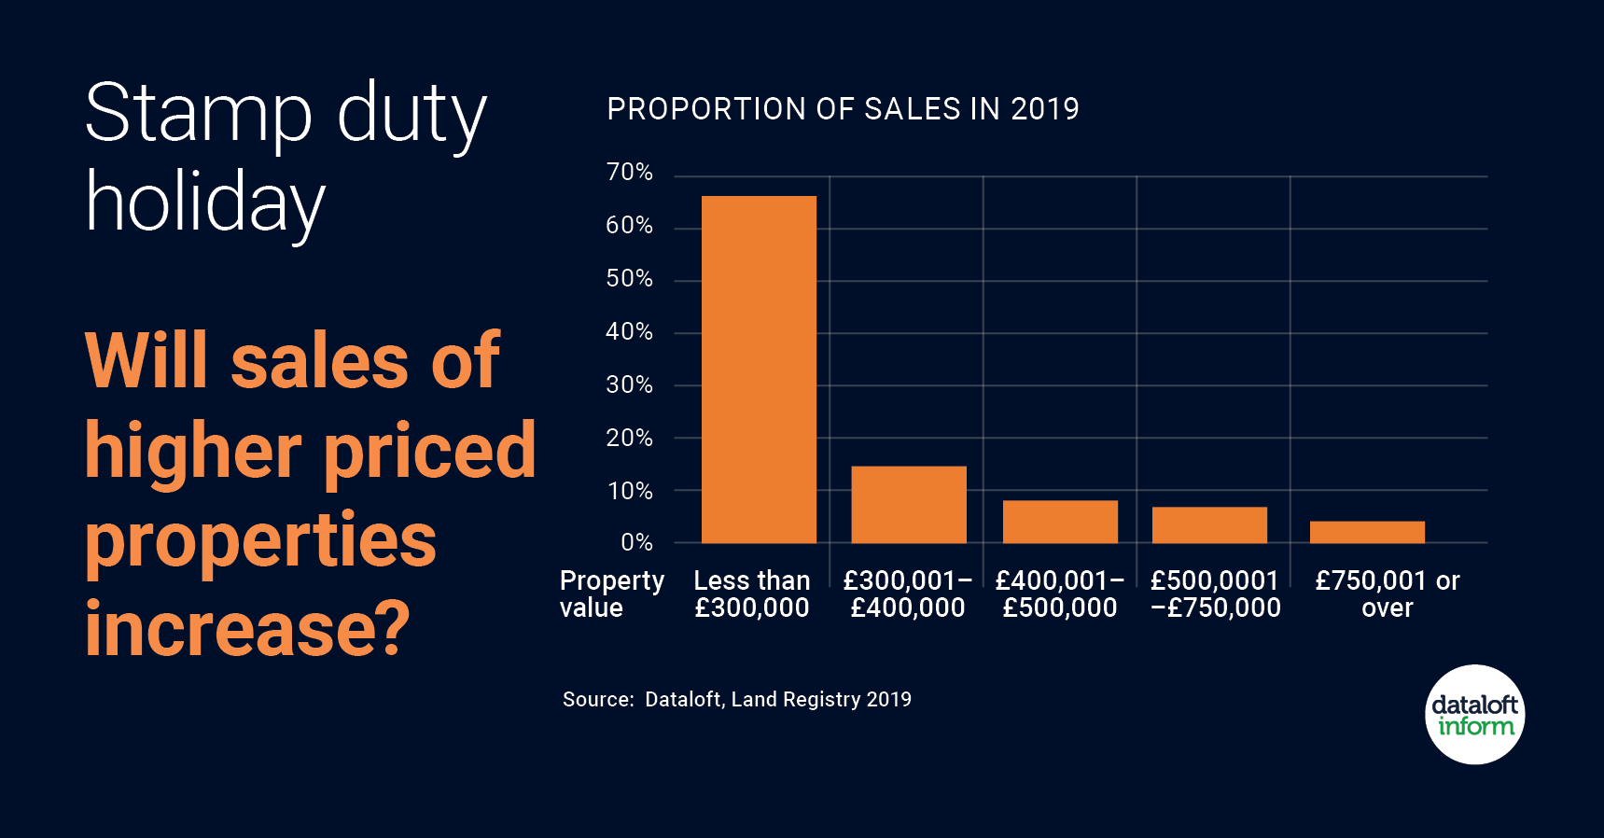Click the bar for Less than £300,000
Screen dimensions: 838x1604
(759, 369)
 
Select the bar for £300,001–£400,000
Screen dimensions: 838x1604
(909, 504)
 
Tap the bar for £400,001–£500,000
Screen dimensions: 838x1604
(1060, 522)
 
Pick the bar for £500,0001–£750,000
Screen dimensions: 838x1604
(1209, 524)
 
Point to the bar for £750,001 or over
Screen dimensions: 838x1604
(1367, 532)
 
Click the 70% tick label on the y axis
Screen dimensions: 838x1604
(629, 173)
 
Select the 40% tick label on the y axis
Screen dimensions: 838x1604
(629, 332)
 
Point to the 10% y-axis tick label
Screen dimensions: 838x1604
(630, 492)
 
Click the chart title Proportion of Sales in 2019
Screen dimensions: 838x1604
(843, 109)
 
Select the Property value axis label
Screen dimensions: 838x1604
(611, 594)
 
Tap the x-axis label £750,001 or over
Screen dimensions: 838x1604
(1387, 594)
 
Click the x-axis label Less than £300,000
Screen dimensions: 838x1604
(752, 594)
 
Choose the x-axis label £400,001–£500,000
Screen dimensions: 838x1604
(1060, 594)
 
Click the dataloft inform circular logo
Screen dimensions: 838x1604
(1474, 715)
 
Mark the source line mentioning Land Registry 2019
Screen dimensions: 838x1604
(736, 700)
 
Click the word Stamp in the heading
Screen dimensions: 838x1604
(199, 115)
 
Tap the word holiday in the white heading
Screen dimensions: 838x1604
(205, 203)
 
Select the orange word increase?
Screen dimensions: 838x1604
(247, 628)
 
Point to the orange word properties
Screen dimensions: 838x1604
(260, 541)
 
